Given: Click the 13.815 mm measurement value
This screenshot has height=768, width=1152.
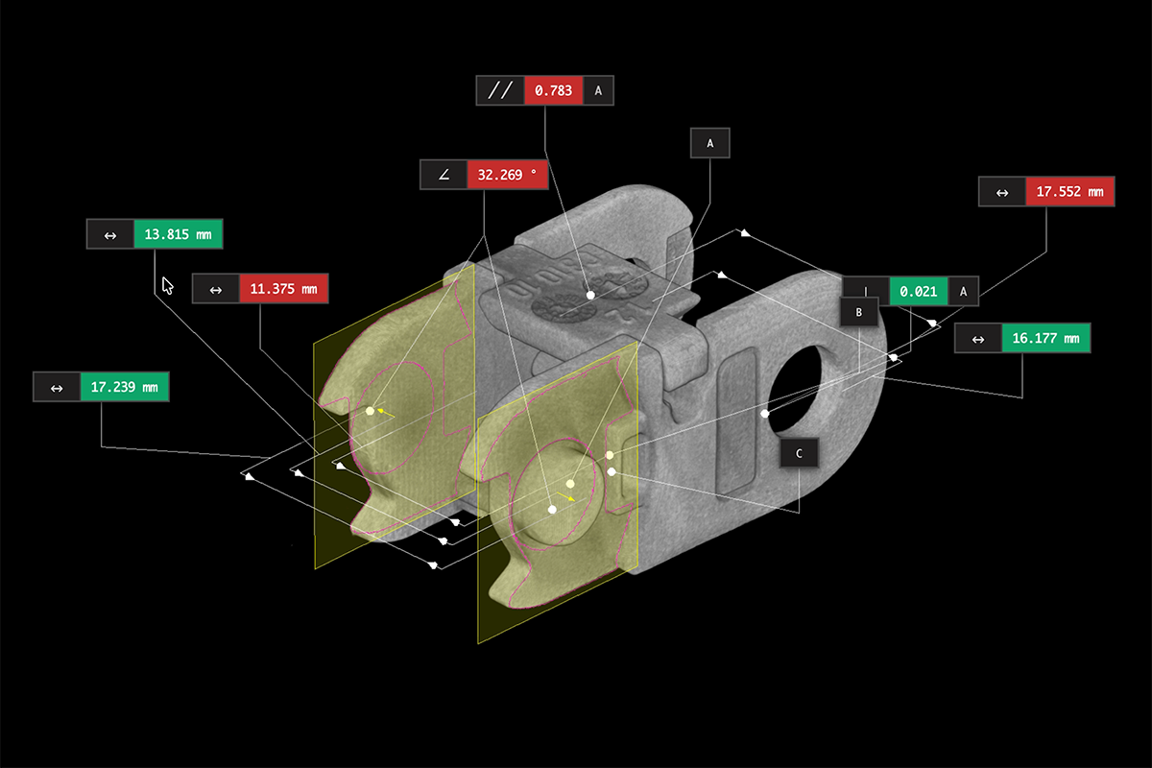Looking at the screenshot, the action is click(178, 234).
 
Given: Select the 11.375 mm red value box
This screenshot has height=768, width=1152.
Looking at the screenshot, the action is click(283, 289).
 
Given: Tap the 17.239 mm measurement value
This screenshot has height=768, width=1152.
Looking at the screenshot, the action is click(125, 387).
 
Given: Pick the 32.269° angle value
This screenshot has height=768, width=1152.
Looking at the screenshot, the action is click(507, 175).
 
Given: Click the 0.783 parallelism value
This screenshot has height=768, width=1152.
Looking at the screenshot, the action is click(553, 91).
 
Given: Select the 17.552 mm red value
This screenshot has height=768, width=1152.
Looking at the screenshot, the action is click(1069, 192).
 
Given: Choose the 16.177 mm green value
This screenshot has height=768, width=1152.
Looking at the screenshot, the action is click(1046, 338).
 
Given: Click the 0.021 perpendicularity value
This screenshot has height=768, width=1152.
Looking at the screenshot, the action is click(919, 292).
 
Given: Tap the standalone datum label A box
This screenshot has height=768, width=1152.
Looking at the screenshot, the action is click(709, 143).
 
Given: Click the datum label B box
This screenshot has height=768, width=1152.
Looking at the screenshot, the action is click(859, 312).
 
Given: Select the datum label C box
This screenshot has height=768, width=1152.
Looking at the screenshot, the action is click(799, 453).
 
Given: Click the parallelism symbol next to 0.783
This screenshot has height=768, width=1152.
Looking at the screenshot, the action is click(500, 91).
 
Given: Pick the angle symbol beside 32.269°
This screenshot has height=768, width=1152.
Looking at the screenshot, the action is click(444, 175).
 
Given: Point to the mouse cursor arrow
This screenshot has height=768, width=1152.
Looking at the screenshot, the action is click(167, 285).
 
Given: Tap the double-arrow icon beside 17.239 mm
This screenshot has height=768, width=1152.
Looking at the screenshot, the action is click(57, 387).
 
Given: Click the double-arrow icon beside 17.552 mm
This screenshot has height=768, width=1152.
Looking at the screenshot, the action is click(1002, 192).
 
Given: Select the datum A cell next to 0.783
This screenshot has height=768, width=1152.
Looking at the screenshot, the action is click(598, 91).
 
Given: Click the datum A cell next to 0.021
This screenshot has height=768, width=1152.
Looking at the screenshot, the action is click(963, 292).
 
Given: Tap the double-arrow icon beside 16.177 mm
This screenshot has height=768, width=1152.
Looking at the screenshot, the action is click(978, 339).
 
